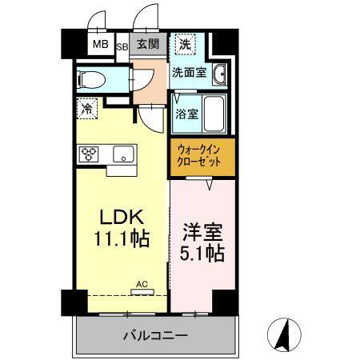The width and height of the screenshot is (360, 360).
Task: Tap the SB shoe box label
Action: pyautogui.click(x=122, y=46)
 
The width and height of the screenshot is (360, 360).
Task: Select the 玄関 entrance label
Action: pyautogui.click(x=146, y=43)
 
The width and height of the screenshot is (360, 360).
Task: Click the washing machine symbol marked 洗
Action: pyautogui.click(x=185, y=44)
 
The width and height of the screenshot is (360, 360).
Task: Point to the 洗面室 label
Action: pyautogui.click(x=189, y=72)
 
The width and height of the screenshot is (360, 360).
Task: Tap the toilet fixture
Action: pyautogui.click(x=90, y=78)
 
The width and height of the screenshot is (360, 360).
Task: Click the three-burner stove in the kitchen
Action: pyautogui.click(x=87, y=154)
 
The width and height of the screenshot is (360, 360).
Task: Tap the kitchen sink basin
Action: pyautogui.click(x=122, y=154)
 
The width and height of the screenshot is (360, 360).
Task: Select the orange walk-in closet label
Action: pyautogui.click(x=202, y=156)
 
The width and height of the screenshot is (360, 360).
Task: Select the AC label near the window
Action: pyautogui.click(x=140, y=283)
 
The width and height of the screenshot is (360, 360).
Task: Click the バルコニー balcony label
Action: pyautogui.click(x=155, y=334)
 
